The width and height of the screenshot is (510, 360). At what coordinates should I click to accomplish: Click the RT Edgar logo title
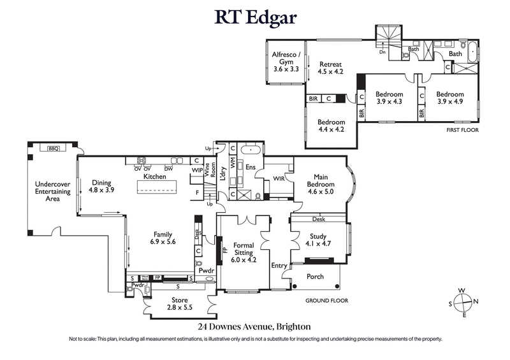255,17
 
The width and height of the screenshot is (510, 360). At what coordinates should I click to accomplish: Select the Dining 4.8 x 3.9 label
101,186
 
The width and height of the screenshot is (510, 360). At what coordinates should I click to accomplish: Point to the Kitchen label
154,176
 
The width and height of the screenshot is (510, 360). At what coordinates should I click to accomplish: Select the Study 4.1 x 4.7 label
319,240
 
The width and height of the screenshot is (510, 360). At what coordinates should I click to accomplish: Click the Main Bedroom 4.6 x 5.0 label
324,184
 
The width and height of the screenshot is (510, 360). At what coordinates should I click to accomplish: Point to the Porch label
315,277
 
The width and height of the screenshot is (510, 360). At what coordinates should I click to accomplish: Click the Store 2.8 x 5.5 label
179,303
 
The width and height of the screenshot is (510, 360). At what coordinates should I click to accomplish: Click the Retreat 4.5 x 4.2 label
330,68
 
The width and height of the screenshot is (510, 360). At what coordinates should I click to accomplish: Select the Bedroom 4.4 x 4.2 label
331,126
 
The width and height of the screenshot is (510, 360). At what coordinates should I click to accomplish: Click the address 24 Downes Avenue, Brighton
255,326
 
